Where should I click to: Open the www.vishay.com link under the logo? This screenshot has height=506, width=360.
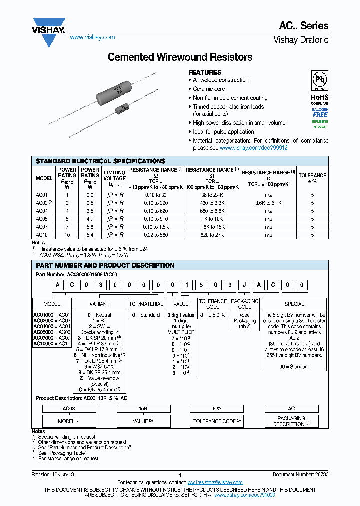[x=92, y=37]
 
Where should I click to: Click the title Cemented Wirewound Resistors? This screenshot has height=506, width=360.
[x=180, y=57]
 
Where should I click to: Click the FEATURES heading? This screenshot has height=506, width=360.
[x=205, y=72]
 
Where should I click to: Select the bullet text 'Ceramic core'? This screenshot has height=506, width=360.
[x=209, y=89]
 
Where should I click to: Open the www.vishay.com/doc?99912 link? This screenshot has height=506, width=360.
[x=254, y=148]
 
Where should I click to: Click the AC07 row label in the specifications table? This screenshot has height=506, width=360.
[x=42, y=227]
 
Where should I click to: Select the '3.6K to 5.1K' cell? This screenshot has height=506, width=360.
[x=268, y=203]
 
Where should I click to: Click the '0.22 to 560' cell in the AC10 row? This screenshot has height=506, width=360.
[x=156, y=234]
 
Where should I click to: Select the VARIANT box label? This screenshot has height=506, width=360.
[x=99, y=304]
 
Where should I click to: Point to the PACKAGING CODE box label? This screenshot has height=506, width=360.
[x=245, y=304]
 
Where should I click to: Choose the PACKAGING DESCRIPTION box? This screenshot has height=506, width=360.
[x=291, y=421]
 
